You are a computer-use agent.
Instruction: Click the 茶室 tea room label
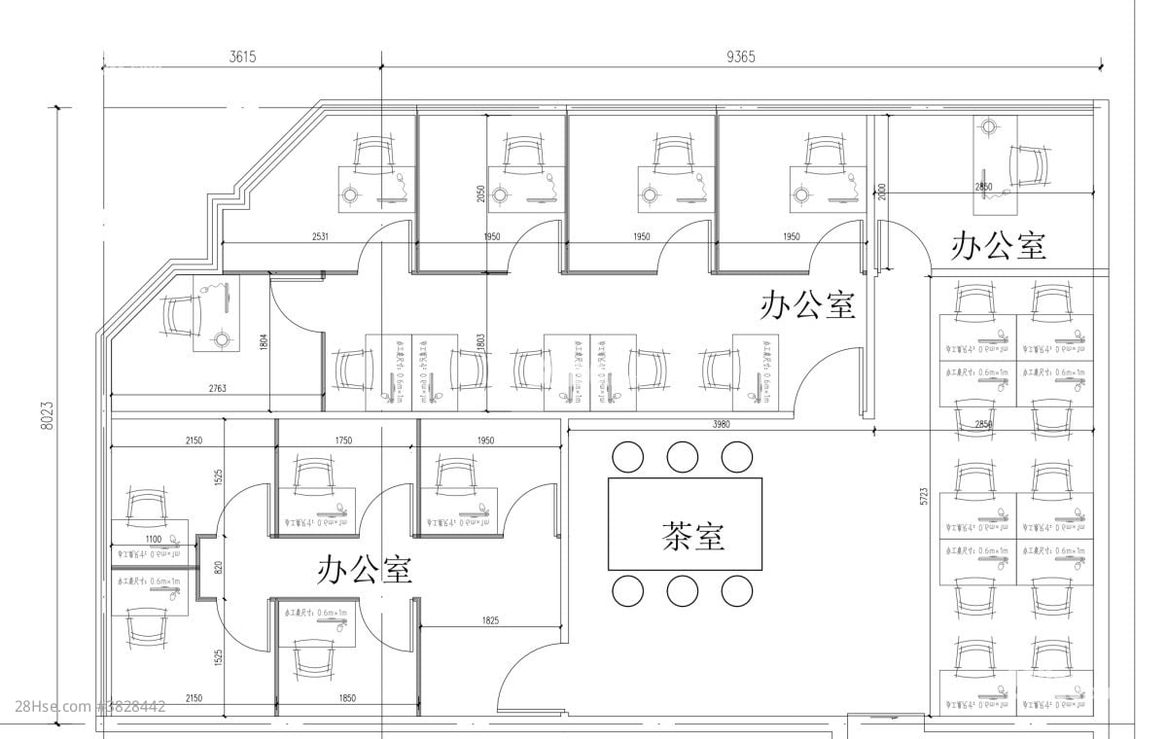pyautogui.click(x=693, y=535)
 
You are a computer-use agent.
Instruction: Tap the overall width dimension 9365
pyautogui.click(x=740, y=56)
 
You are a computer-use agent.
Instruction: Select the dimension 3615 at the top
pyautogui.click(x=242, y=56)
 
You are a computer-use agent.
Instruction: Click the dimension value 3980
pyautogui.click(x=721, y=424)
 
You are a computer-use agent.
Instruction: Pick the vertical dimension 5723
pyautogui.click(x=924, y=495)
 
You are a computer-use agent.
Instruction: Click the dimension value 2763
pyautogui.click(x=218, y=389)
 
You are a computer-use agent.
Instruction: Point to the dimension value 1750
pyautogui.click(x=343, y=441)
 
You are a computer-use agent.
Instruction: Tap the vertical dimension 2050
pyautogui.click(x=479, y=194)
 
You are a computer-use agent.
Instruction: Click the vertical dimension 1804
pyautogui.click(x=263, y=341)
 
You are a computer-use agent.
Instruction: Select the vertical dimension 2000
pyautogui.click(x=882, y=191)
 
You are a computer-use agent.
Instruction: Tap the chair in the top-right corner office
pyautogui.click(x=1028, y=165)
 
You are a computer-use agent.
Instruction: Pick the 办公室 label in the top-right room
pyautogui.click(x=999, y=245)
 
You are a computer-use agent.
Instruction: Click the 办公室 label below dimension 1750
pyautogui.click(x=365, y=569)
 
